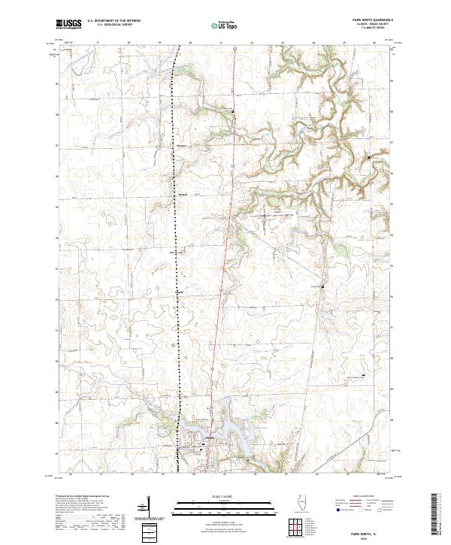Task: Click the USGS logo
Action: [x=68, y=24]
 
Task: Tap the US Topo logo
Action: [x=225, y=25]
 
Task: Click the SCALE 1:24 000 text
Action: [x=225, y=495]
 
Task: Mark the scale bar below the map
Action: [x=225, y=503]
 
